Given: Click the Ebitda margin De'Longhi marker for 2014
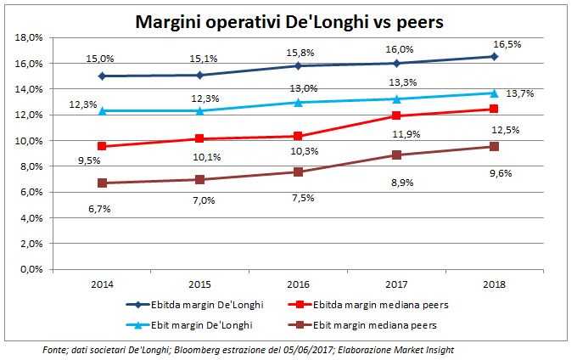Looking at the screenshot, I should [x=103, y=76].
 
